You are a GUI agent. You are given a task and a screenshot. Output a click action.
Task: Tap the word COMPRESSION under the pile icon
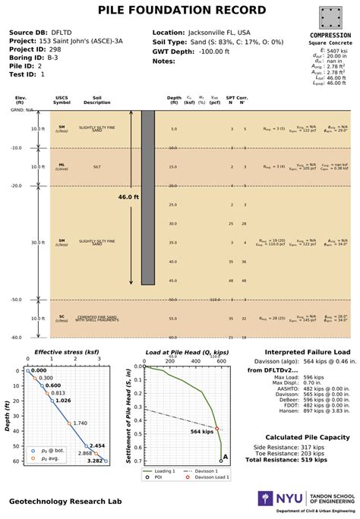[x=330, y=36]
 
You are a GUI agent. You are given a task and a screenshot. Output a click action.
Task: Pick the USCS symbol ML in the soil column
[x=62, y=164]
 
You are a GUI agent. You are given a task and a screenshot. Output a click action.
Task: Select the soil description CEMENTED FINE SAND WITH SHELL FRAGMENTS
[x=97, y=319]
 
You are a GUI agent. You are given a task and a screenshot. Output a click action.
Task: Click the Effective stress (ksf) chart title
[x=67, y=352]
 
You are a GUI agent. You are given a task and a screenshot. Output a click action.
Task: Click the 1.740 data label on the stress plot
[x=80, y=423]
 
